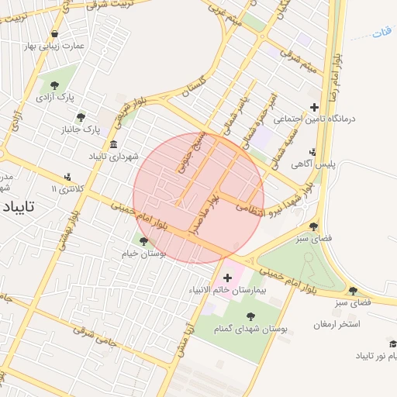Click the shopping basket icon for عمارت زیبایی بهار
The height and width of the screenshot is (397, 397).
(x=56, y=33)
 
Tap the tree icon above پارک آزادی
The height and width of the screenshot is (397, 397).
(x=54, y=85)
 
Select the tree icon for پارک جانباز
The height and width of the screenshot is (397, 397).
(x=81, y=117)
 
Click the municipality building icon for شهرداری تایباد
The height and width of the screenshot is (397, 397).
(x=114, y=144)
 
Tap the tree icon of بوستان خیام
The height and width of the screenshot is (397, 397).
(x=143, y=241)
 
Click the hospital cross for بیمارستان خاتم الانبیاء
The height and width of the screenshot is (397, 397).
(x=227, y=278)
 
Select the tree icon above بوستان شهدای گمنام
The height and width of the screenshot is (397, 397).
(x=250, y=316)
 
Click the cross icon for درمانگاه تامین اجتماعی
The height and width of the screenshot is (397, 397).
(x=314, y=107)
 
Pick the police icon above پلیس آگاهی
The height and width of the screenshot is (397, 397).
(x=312, y=152)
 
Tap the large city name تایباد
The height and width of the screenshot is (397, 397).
(x=18, y=208)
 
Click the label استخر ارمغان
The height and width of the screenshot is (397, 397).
(x=338, y=323)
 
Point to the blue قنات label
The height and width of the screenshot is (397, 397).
(x=381, y=33)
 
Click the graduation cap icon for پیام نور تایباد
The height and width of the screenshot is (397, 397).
(x=392, y=343)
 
